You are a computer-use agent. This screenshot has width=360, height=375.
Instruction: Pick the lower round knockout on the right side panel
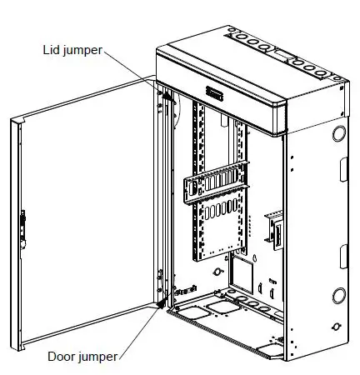point(340,295)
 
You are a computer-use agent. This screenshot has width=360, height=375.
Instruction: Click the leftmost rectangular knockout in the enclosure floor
point(186,314)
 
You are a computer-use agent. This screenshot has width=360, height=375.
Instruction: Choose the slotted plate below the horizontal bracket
point(219,225)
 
